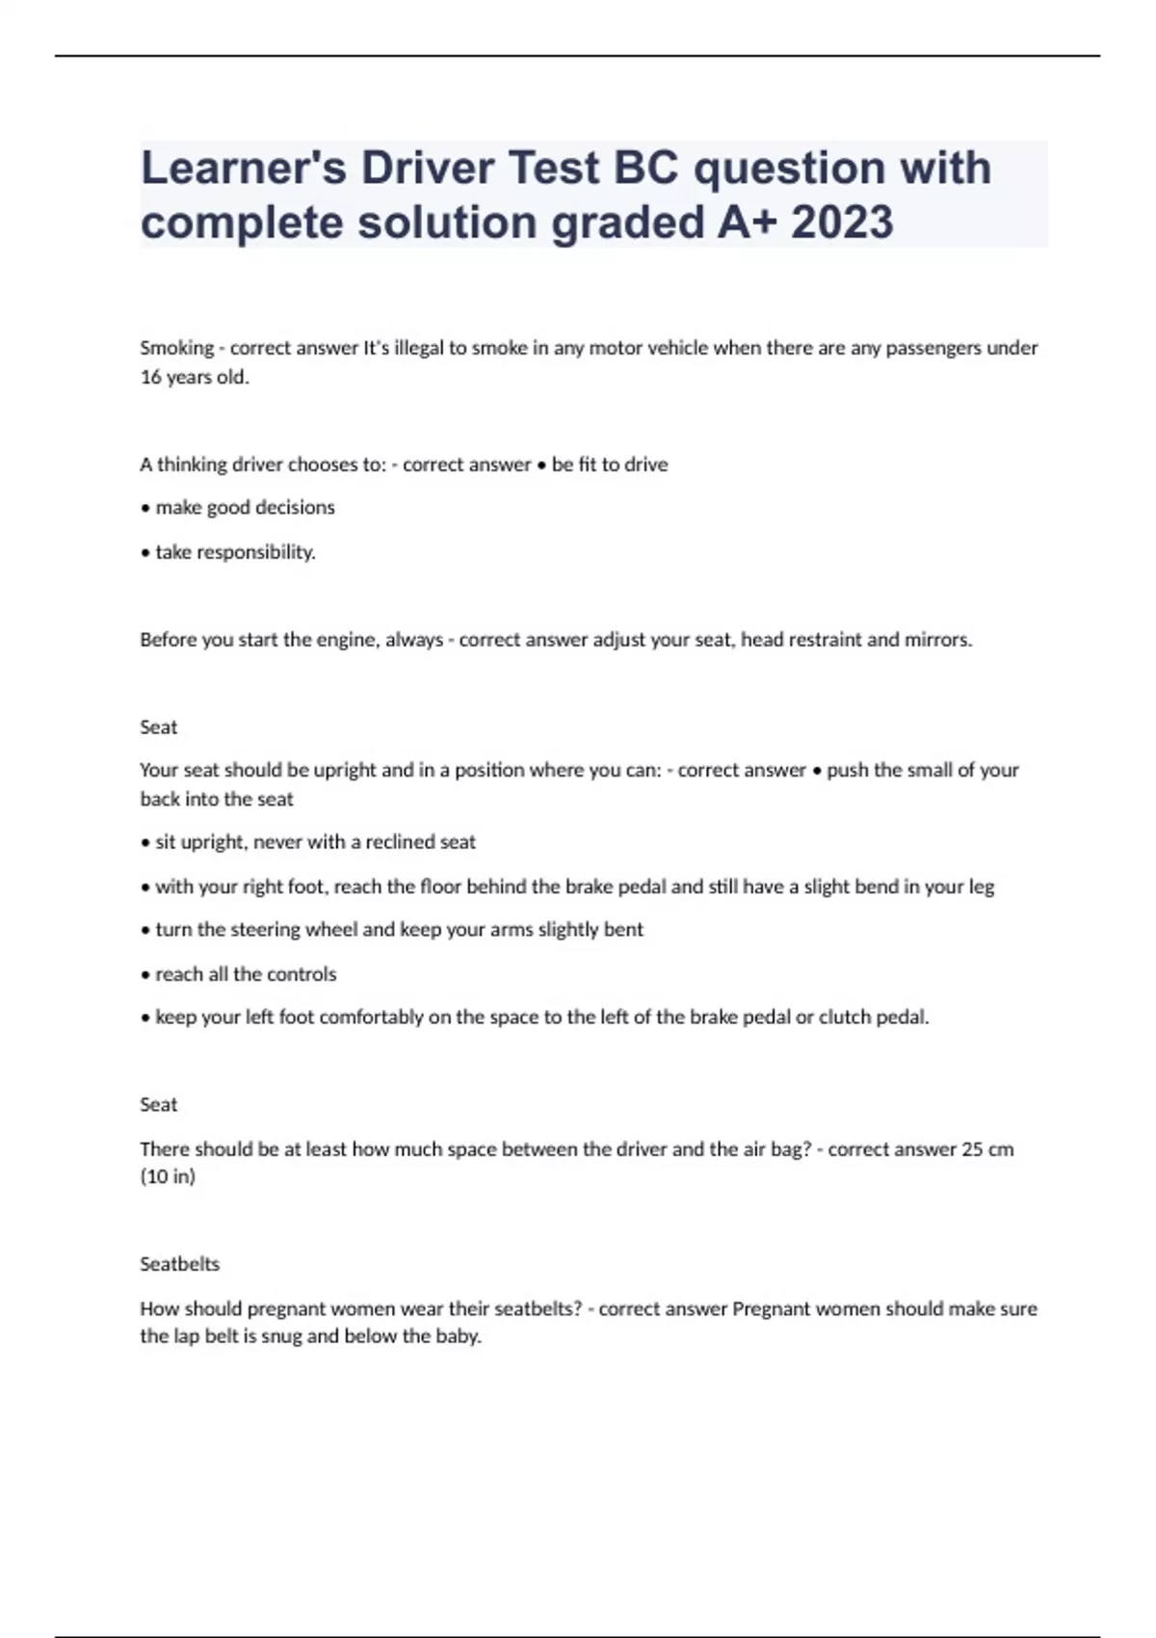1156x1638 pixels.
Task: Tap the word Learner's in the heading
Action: coord(243,168)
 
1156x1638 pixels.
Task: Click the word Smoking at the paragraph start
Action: coord(176,348)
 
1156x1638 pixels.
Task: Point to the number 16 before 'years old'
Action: coord(150,377)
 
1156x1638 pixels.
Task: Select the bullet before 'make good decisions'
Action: coord(145,508)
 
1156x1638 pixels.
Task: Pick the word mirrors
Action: coord(936,640)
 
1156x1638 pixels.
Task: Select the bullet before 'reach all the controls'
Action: coord(145,974)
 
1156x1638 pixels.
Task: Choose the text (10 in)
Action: coord(168,1176)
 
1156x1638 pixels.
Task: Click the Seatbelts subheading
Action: coord(179,1264)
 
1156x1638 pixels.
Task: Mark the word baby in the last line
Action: coord(457,1336)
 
